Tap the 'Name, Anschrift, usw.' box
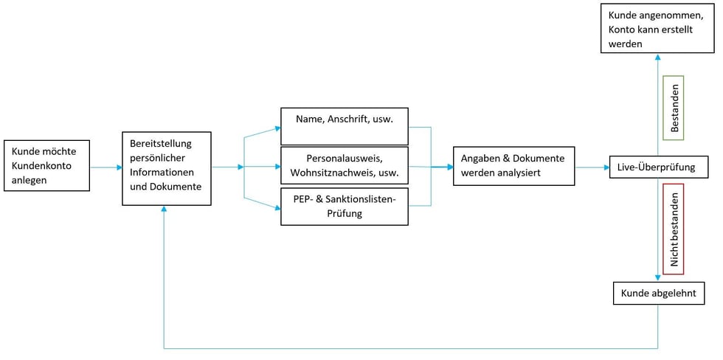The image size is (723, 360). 345,126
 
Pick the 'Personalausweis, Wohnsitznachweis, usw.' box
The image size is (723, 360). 345,167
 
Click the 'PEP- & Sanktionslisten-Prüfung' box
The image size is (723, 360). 345,206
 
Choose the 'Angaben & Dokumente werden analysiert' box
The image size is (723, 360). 513,166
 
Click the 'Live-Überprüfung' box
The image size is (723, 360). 658,167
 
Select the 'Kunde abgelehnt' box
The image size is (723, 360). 658,294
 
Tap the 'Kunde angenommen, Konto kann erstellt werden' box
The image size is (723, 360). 658,29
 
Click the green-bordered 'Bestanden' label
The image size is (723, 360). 674,108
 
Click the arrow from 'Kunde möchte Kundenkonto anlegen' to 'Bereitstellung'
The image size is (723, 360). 106,167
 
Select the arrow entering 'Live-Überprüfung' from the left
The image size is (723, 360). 592,167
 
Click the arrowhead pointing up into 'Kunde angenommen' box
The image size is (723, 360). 658,58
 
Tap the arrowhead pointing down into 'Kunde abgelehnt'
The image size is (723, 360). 658,279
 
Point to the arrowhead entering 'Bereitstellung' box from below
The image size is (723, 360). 163,210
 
